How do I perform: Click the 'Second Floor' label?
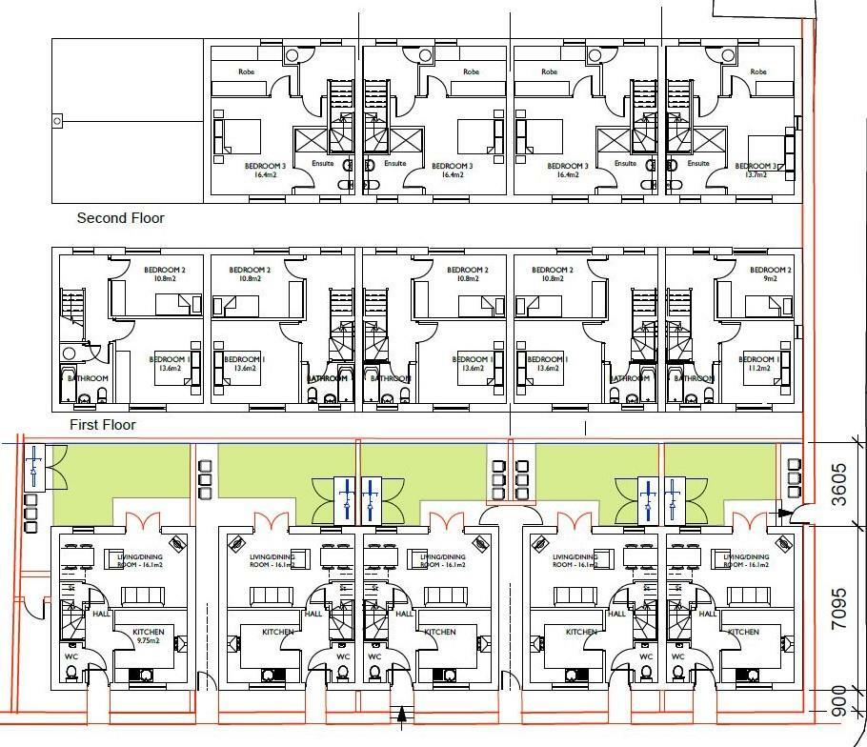(120, 218)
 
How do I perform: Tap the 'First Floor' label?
(103, 425)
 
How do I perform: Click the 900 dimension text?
(839, 700)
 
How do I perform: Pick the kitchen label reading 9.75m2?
(149, 637)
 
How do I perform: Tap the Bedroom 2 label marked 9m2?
(770, 274)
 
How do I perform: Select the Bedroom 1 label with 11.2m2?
(763, 364)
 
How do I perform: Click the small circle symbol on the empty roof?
(57, 121)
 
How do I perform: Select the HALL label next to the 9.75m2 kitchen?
(102, 615)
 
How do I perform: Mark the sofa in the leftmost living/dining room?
(142, 596)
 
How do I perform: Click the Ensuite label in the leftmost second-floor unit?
(324, 163)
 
